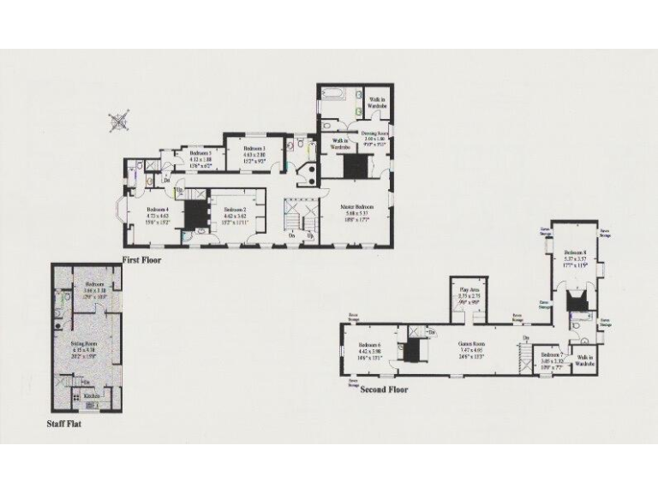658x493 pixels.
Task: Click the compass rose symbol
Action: click(x=120, y=122)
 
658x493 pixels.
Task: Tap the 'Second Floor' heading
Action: click(x=383, y=389)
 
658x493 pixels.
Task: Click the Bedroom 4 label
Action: click(x=157, y=210)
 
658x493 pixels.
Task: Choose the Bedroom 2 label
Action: click(x=235, y=210)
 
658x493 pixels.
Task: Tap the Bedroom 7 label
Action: click(x=552, y=354)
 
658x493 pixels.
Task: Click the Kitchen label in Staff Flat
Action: click(x=91, y=396)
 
